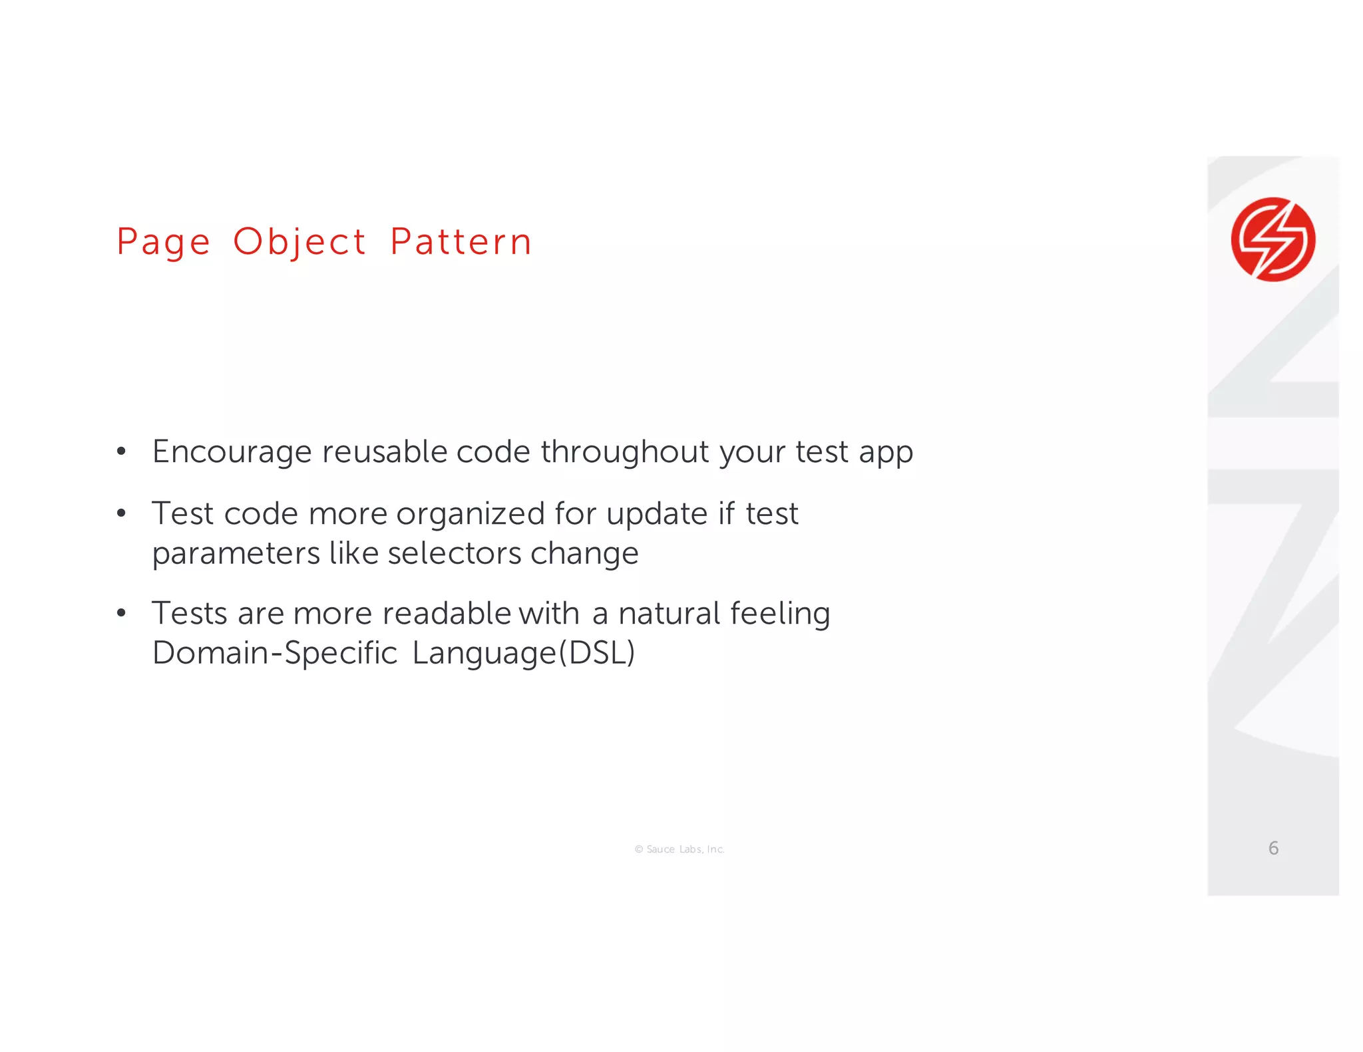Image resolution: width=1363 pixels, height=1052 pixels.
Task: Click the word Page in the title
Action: pyautogui.click(x=163, y=242)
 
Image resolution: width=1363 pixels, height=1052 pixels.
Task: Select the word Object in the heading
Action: pyautogui.click(x=299, y=242)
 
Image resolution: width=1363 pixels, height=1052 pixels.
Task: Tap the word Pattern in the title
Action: pyautogui.click(x=461, y=242)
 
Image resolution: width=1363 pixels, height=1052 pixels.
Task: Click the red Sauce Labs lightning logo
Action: pyautogui.click(x=1272, y=239)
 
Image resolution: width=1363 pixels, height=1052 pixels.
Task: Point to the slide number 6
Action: pyautogui.click(x=1273, y=848)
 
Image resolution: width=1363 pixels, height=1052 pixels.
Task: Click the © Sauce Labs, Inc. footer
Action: pyautogui.click(x=680, y=849)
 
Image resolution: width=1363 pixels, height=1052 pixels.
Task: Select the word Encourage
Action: pyautogui.click(x=232, y=452)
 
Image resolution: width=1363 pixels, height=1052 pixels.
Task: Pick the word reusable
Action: pyautogui.click(x=385, y=452)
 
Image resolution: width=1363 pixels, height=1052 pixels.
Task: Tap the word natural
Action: pyautogui.click(x=669, y=613)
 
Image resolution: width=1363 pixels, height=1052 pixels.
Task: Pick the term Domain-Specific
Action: pyautogui.click(x=275, y=653)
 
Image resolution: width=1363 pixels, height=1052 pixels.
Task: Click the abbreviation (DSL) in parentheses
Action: pyautogui.click(x=597, y=653)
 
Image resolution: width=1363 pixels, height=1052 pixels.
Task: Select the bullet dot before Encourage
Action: pyautogui.click(x=121, y=452)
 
